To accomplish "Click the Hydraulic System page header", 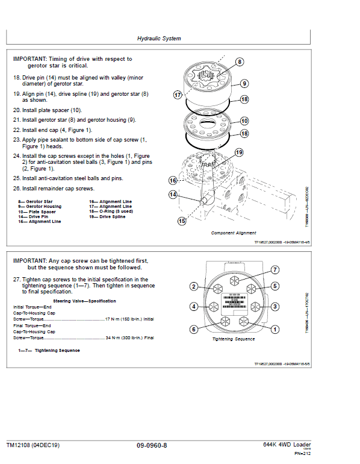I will [159, 39].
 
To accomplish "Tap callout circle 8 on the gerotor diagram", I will [239, 62].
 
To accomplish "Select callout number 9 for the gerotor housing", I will [244, 83].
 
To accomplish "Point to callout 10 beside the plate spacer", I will [244, 121].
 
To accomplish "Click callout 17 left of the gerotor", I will [178, 95].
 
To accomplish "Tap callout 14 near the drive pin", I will [173, 195].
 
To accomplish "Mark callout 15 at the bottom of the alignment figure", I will [182, 221].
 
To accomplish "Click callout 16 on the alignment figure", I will [173, 180].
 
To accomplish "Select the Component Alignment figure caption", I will [234, 233].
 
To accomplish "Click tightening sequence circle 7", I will [274, 269].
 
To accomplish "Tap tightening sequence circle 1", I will [275, 329].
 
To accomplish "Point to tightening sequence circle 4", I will [194, 307].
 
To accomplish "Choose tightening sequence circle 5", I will [275, 286].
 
